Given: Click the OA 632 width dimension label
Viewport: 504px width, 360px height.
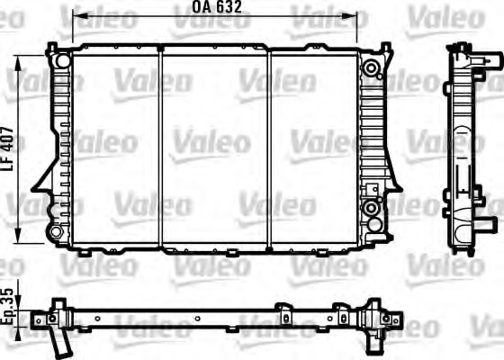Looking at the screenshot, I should [x=217, y=7].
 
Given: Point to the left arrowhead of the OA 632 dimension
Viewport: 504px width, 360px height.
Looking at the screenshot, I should [x=76, y=16].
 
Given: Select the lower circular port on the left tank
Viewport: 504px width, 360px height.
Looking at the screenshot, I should [x=56, y=232].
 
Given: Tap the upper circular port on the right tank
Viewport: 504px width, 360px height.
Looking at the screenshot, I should [x=370, y=67].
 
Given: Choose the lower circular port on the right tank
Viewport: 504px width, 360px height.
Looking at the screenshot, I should [x=370, y=209].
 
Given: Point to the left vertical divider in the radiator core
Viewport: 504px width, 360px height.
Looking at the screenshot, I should [x=159, y=148].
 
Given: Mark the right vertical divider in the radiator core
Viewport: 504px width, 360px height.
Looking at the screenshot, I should [x=269, y=148].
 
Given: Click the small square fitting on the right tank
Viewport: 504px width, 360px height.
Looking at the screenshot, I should [x=368, y=189].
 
